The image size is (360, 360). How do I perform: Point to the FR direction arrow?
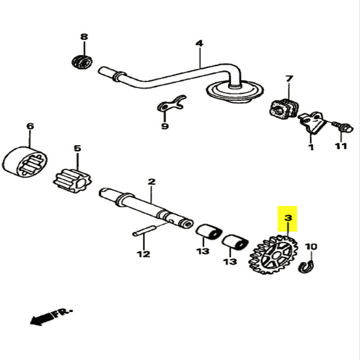51,315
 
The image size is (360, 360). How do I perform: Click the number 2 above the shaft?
151,181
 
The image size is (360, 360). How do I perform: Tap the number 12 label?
142,254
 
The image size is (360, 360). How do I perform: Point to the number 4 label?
199,43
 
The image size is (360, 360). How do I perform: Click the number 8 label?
84,37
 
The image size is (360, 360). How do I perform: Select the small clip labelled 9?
172,105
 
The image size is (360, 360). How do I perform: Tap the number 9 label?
165,126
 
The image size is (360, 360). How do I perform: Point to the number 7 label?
289,79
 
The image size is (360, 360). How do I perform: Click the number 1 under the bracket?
311,146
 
